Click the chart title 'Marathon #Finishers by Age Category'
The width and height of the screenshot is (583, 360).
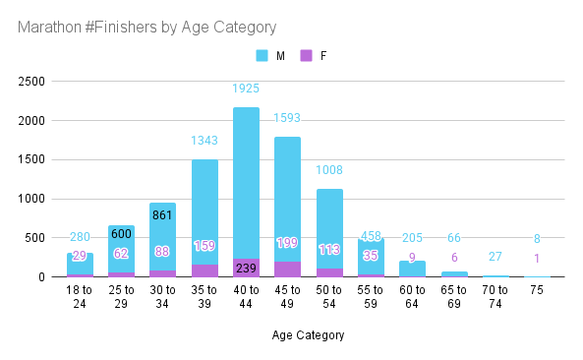146,28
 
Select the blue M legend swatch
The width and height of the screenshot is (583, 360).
262,56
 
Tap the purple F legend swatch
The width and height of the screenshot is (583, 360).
306,56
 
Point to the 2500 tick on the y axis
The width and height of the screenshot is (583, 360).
31,82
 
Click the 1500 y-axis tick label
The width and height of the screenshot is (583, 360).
31,159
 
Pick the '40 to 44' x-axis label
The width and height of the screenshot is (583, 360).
246,297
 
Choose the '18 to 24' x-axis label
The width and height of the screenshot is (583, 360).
80,297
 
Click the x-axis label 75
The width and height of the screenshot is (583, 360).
537,290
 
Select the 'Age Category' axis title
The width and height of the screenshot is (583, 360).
308,335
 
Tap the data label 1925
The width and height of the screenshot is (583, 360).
246,89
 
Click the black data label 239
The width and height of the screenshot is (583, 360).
246,269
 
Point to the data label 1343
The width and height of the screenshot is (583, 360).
204,141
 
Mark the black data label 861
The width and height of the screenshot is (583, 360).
162,215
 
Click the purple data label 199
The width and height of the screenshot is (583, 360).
287,243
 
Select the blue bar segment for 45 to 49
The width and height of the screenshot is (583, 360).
287,199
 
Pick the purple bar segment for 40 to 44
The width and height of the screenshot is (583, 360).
246,268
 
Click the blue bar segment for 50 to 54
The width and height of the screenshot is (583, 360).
329,228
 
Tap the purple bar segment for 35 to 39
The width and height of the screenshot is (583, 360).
204,270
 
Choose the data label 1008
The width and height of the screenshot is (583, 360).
329,170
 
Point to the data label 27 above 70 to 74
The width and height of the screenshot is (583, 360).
495,257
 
